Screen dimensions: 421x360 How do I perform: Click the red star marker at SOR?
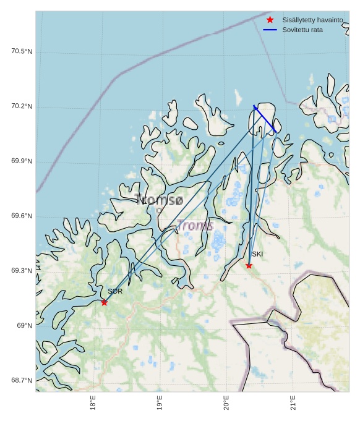coord(104,302)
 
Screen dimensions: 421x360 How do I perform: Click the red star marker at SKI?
coord(249,266)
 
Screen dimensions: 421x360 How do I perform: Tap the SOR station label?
coord(115,291)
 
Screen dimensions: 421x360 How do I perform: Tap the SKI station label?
coord(257,254)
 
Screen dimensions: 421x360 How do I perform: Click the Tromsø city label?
coord(159,200)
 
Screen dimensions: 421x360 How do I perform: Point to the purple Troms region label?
coord(195,226)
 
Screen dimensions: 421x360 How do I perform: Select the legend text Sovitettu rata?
coord(302,30)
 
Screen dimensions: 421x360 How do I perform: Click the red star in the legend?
coord(270,20)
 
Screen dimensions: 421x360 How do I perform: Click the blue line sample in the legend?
coord(270,30)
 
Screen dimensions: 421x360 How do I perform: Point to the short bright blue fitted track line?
coord(265,119)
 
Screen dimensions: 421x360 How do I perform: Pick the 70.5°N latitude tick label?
coord(22,51)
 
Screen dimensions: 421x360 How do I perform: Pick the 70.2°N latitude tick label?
coord(22,106)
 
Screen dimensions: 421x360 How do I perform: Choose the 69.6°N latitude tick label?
coord(22,216)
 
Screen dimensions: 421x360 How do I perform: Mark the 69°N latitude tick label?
coord(25,326)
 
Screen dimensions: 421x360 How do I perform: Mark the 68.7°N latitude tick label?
coord(22,380)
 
